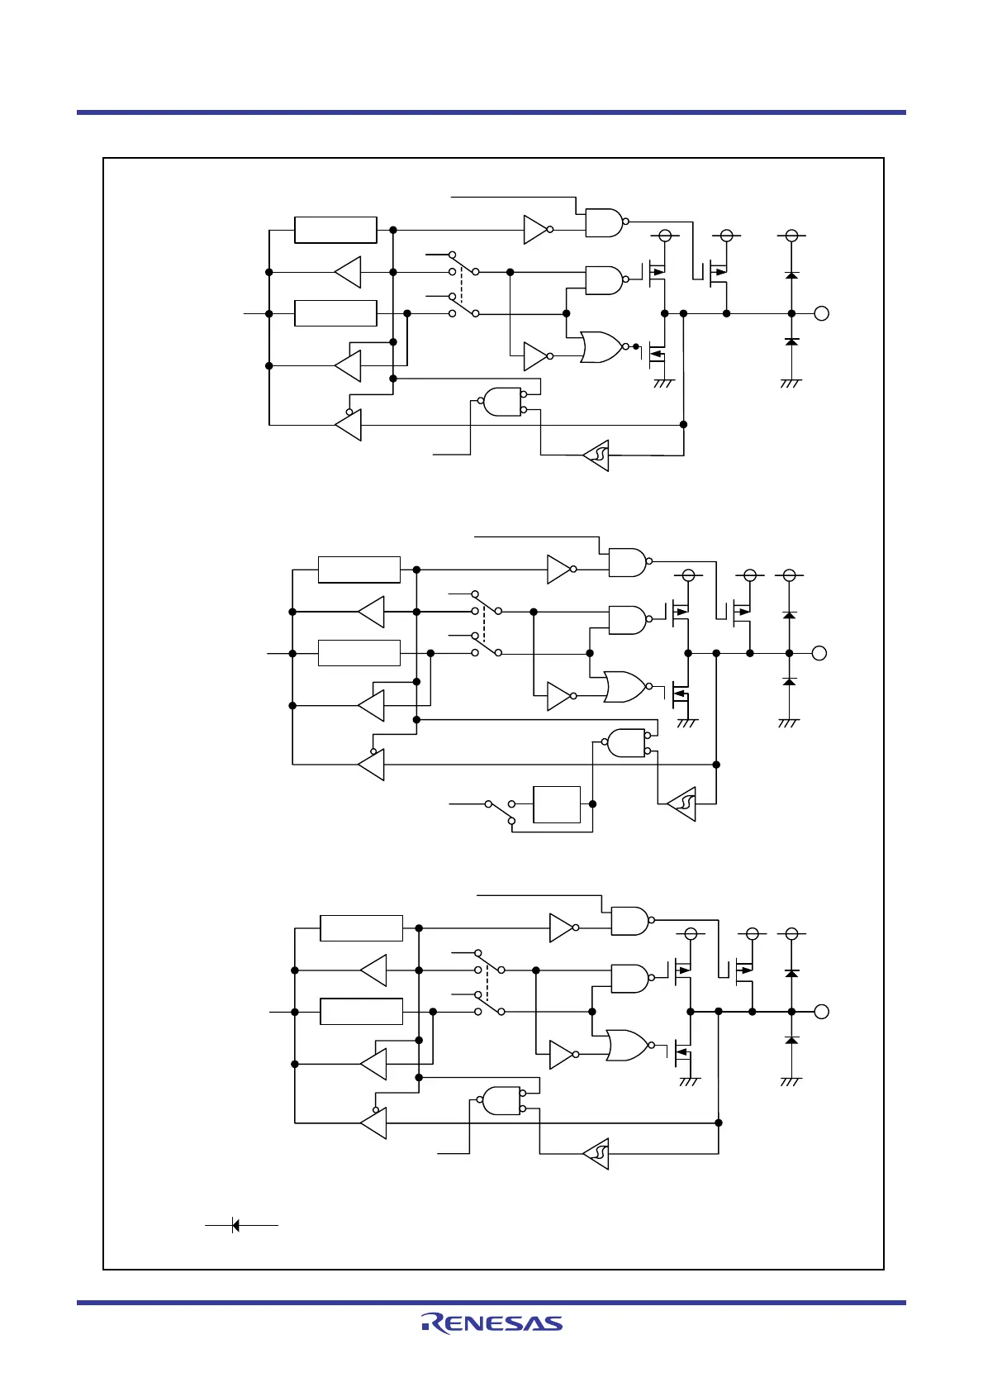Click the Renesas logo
point(492,1323)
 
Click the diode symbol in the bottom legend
point(235,1225)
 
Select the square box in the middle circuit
point(557,804)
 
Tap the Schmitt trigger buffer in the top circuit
point(597,455)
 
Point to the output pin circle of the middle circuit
point(819,653)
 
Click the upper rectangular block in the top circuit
point(335,230)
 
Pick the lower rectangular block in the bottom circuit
point(361,1012)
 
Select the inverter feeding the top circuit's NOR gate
point(536,356)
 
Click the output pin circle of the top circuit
point(821,313)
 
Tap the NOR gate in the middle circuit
point(625,686)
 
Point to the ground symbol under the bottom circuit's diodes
point(791,1080)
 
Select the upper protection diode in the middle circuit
point(790,615)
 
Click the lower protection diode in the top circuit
point(791,341)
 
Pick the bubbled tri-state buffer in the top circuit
point(349,426)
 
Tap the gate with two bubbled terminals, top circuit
point(503,402)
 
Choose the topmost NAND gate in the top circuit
point(604,222)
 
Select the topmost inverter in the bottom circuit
point(562,928)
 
